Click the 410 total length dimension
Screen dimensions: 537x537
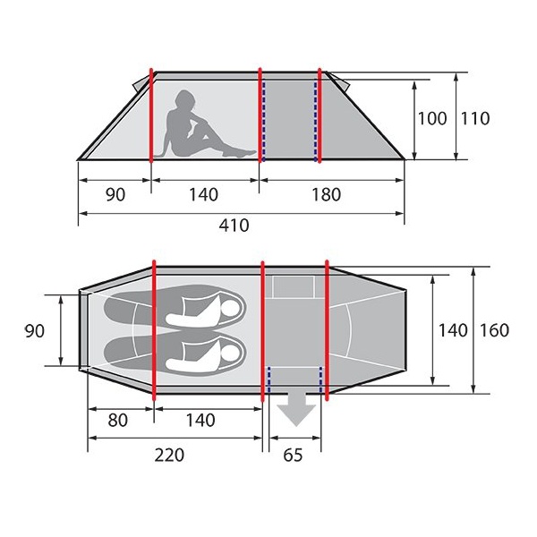coord(234,225)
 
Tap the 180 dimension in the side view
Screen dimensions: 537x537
coord(326,194)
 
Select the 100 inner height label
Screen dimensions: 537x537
coord(432,118)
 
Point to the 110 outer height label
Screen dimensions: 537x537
coord(474,118)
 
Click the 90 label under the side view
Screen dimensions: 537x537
coord(115,194)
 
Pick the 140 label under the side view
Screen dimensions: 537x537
coord(203,194)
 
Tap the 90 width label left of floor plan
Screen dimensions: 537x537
coord(34,331)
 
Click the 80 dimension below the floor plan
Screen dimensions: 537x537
coord(117,420)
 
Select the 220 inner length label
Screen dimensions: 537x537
coord(169,455)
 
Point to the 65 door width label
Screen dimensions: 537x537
coord(294,455)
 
